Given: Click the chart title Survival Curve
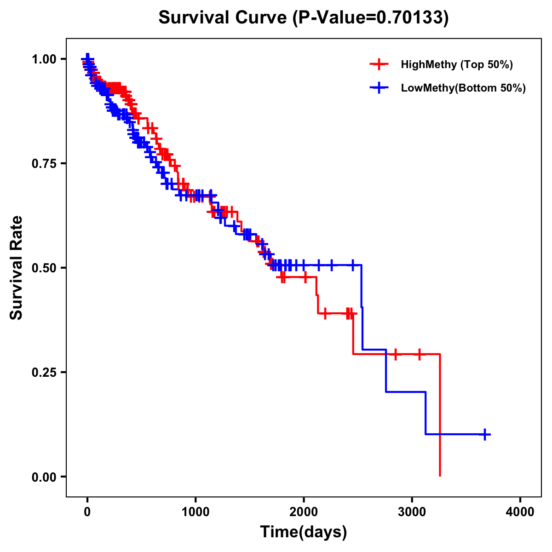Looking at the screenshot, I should (x=224, y=17).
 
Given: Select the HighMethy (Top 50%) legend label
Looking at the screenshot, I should (x=456, y=64).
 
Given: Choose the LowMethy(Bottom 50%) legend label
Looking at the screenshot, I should (x=463, y=88).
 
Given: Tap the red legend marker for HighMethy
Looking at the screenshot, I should (x=379, y=64).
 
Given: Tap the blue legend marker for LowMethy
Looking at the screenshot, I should (x=379, y=88).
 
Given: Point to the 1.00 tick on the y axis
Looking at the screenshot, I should (x=43, y=59).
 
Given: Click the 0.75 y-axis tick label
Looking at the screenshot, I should (x=43, y=164).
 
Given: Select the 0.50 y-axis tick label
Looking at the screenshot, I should (x=43, y=268).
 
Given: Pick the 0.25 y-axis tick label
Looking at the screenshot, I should (x=43, y=372).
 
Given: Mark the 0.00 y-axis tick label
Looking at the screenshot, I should (x=43, y=477).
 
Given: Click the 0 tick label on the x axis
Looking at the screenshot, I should (x=87, y=512).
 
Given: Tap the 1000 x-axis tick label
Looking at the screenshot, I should (x=195, y=512).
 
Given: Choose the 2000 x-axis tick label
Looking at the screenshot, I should (x=304, y=512).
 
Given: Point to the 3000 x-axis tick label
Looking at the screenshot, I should (x=412, y=512).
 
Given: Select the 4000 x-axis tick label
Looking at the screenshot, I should (x=520, y=512).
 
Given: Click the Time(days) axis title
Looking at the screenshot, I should (x=304, y=532).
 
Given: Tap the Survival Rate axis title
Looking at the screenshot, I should (x=17, y=268).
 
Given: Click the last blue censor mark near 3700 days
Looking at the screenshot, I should (x=485, y=434).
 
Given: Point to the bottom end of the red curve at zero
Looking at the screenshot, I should (x=440, y=475).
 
